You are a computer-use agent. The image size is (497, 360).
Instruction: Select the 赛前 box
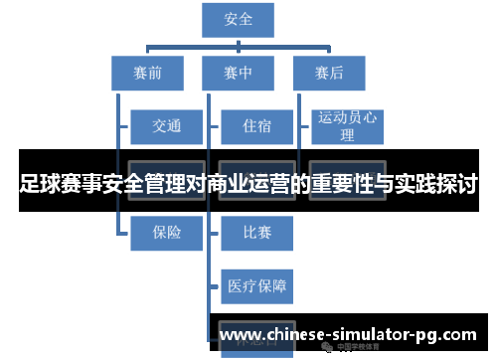click(x=146, y=73)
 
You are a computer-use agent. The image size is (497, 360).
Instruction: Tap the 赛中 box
click(x=240, y=73)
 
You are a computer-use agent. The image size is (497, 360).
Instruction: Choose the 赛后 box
click(x=329, y=73)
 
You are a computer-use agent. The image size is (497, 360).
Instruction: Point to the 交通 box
click(x=167, y=126)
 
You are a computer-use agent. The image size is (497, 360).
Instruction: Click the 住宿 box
click(x=256, y=126)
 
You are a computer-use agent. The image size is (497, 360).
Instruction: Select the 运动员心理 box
click(x=347, y=126)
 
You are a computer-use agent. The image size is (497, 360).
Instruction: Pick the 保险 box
click(x=167, y=233)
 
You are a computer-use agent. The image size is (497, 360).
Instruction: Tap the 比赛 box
click(x=256, y=233)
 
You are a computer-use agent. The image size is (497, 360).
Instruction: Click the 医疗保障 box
click(x=256, y=287)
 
